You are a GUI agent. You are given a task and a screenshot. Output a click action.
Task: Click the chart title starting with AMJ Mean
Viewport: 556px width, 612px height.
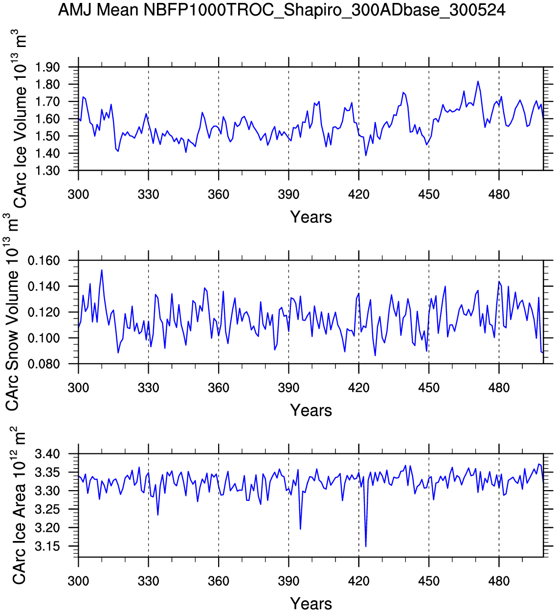(282, 9)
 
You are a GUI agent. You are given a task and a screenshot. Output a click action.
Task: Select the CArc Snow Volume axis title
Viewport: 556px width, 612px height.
(12, 313)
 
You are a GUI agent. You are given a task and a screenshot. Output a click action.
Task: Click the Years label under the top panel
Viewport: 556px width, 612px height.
(311, 217)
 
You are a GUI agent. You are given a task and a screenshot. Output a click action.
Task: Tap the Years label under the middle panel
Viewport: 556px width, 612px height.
(311, 410)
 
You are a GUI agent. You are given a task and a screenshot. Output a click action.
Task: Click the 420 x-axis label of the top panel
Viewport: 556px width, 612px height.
(359, 195)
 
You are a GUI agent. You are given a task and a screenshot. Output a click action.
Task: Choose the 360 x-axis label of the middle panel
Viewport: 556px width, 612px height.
(219, 388)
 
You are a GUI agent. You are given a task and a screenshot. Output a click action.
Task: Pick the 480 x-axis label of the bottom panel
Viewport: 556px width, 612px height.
(499, 582)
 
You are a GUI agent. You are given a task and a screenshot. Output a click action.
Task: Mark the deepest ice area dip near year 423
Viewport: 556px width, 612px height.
(366, 546)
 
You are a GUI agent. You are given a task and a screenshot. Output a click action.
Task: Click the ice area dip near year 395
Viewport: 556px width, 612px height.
(300, 529)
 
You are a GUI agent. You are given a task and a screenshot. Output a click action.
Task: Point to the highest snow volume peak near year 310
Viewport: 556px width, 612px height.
(102, 270)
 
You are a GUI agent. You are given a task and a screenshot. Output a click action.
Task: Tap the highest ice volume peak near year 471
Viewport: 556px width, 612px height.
(478, 81)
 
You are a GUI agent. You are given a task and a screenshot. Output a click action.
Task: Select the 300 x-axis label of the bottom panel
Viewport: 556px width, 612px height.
(78, 582)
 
